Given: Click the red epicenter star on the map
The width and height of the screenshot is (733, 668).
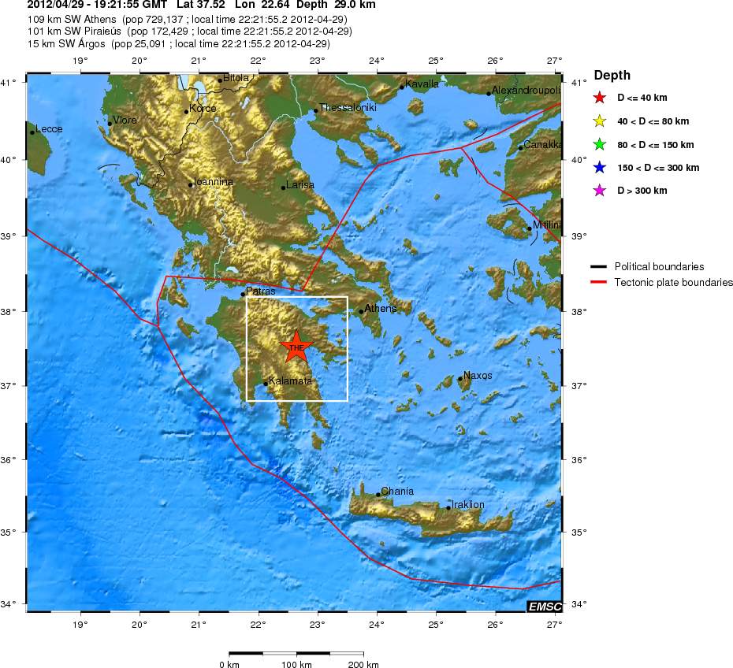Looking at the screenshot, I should (296, 347).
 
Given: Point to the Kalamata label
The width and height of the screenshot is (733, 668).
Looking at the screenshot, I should (290, 380).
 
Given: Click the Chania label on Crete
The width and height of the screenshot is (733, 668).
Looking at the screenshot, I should (397, 491).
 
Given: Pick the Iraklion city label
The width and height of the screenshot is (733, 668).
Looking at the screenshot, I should (468, 504).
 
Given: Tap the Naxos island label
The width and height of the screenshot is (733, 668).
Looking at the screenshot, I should (478, 375).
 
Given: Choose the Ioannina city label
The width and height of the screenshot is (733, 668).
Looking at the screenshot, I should (214, 181).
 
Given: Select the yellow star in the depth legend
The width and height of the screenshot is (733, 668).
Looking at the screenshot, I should (600, 121).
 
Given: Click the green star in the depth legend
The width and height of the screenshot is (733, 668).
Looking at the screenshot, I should (600, 144).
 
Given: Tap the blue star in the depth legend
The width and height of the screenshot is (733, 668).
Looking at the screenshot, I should (600, 167).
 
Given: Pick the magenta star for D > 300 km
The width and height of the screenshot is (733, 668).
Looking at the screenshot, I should (600, 191).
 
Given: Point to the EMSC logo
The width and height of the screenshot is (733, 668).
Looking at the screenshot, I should (545, 605).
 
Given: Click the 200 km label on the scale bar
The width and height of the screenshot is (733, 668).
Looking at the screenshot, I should (362, 664).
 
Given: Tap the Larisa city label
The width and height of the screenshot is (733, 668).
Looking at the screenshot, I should (300, 184).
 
